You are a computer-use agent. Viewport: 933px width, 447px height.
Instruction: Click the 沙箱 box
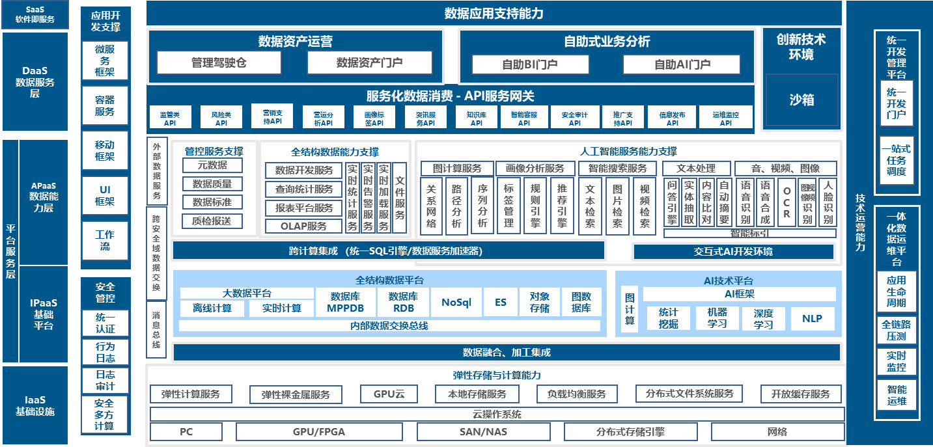(x=801, y=100)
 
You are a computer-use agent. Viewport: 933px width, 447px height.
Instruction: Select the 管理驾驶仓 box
(x=219, y=63)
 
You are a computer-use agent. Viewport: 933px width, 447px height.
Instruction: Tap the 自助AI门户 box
(x=682, y=64)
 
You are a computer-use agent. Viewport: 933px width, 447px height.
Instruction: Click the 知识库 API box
(x=477, y=118)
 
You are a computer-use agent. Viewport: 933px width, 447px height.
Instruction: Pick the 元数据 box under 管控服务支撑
(x=212, y=165)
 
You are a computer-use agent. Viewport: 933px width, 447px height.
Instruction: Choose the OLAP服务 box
(x=303, y=226)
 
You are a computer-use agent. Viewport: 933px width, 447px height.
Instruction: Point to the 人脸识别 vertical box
(x=828, y=202)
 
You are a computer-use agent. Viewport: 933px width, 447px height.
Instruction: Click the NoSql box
(x=456, y=303)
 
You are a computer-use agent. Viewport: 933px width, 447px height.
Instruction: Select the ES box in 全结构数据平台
(x=500, y=303)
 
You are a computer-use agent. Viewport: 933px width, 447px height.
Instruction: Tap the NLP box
(x=812, y=319)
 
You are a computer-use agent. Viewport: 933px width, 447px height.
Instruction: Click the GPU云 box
(x=389, y=394)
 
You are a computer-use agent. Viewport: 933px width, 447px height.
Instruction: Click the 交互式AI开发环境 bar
(x=733, y=252)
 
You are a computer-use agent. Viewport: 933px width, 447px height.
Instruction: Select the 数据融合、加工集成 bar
(x=507, y=353)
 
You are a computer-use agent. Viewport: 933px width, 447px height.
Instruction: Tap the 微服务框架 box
(x=105, y=61)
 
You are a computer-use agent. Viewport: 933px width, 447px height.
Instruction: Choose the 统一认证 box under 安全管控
(x=105, y=323)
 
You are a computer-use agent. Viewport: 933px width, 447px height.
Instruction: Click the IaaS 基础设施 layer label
(x=35, y=405)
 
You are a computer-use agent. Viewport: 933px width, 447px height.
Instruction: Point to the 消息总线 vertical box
(x=156, y=330)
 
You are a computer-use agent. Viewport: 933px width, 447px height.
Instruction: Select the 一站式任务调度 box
(x=897, y=160)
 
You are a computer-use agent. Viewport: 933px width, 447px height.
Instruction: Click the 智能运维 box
(x=897, y=395)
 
